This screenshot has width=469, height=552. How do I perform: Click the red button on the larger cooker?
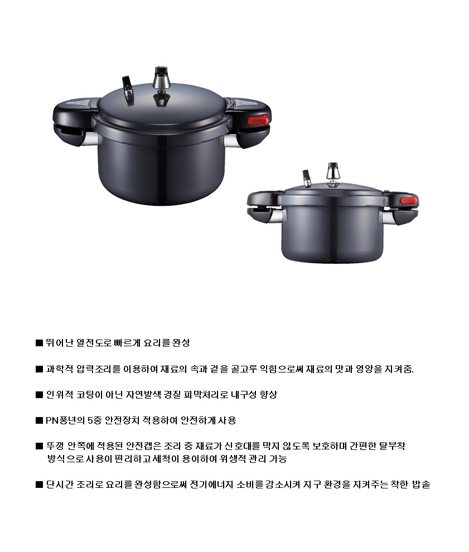pos(258,120)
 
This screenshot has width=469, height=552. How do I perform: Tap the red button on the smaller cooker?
pos(408,201)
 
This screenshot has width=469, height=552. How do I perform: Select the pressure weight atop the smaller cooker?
pos(333,171)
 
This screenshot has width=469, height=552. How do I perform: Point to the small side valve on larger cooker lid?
pos(128,90)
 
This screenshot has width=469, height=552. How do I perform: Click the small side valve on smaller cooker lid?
pos(307,178)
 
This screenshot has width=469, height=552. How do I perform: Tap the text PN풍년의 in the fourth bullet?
pos(65,420)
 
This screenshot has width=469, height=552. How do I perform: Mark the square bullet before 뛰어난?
pos(39,343)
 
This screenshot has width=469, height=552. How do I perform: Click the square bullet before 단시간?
pos(39,485)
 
